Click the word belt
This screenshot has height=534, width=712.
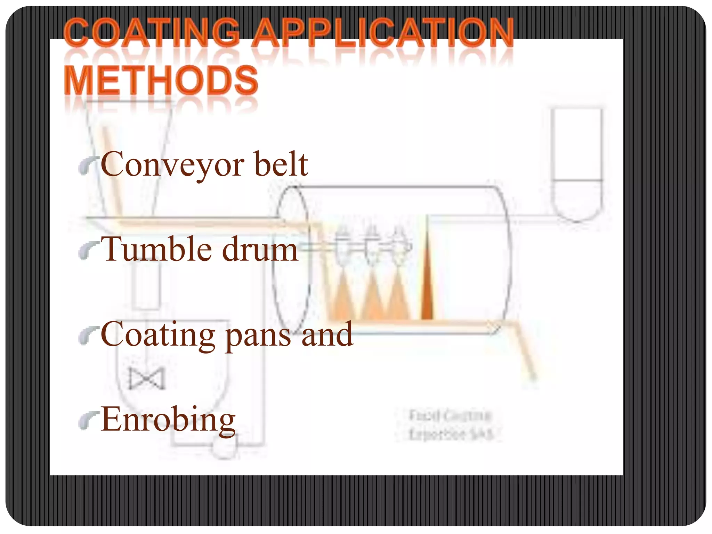point(281,164)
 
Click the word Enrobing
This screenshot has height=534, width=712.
point(168,420)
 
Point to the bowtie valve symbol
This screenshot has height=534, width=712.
point(146,379)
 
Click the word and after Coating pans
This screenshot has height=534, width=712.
point(327,334)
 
